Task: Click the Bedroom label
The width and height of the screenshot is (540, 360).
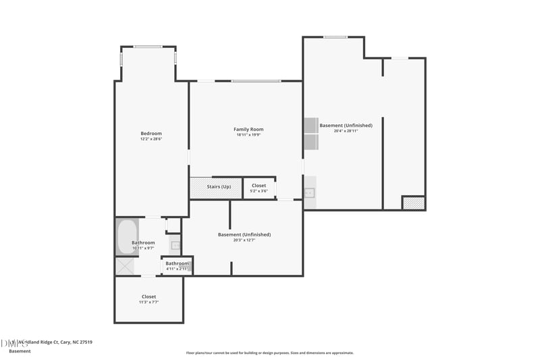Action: [151, 134]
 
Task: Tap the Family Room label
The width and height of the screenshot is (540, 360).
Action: [248, 129]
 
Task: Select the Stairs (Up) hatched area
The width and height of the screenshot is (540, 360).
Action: [215, 187]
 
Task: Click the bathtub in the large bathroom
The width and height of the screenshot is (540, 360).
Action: [127, 236]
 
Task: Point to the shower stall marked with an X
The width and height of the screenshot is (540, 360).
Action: [125, 265]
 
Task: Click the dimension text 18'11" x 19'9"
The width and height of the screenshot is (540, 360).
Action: [248, 135]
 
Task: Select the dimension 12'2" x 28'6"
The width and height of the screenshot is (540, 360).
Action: [151, 139]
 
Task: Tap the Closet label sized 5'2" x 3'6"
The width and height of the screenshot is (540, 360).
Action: [259, 186]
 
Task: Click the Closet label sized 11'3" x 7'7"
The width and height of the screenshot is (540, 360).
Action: [148, 297]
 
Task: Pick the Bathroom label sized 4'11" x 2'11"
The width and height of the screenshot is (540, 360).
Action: [178, 263]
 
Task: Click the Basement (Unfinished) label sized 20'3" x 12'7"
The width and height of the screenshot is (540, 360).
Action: [244, 234]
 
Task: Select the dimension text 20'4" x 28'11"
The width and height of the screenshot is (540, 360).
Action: [346, 131]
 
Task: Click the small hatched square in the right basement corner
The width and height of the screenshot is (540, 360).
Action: [412, 203]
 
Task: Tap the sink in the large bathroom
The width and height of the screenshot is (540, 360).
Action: [175, 245]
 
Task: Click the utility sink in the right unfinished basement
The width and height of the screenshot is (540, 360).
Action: [309, 192]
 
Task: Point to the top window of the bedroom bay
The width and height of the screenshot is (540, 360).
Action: [148, 47]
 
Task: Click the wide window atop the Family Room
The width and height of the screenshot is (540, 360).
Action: [256, 81]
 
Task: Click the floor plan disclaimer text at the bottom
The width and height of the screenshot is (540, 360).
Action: [269, 353]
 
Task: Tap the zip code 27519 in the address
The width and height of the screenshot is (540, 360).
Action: [85, 342]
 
